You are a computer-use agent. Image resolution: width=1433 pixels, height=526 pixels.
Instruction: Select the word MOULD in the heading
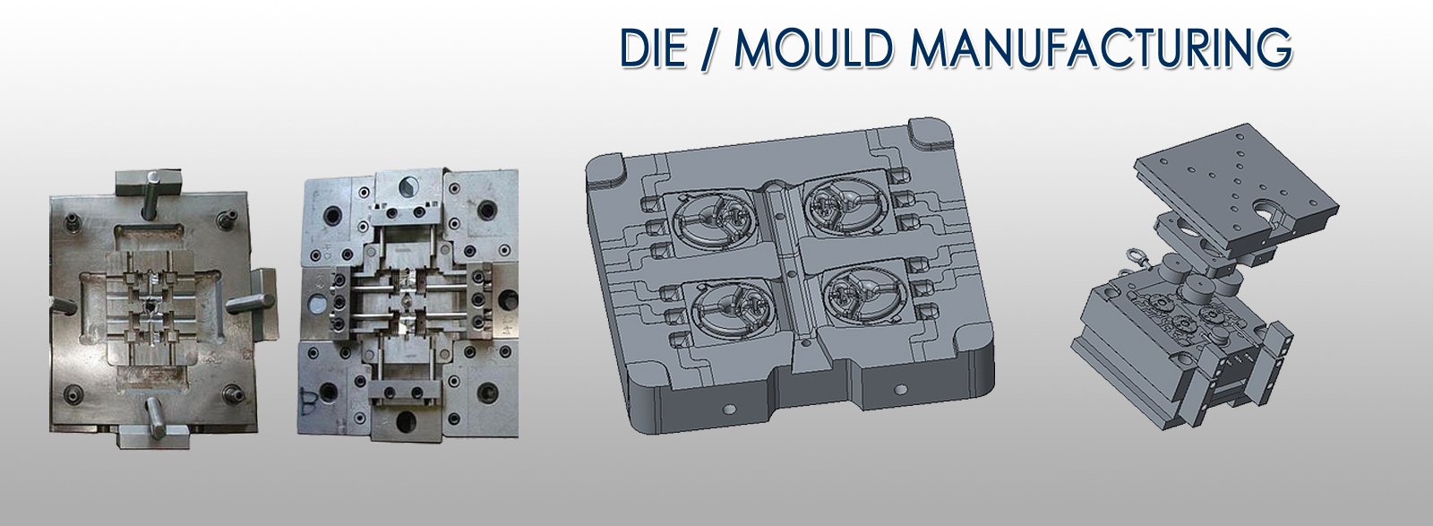click(x=814, y=48)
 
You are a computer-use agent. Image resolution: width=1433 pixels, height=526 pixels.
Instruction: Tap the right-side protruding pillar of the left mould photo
click(x=247, y=302)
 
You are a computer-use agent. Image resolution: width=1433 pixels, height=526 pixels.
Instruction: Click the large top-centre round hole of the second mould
click(x=408, y=185)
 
